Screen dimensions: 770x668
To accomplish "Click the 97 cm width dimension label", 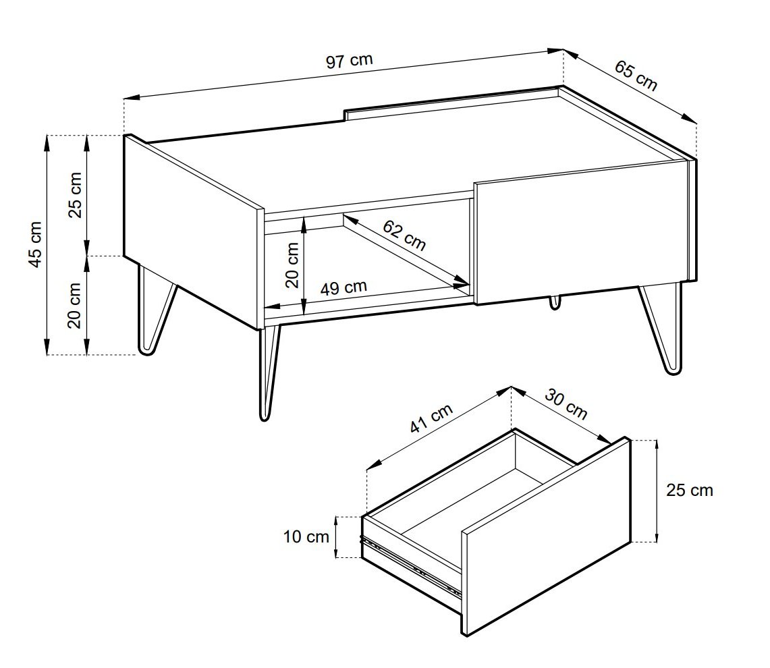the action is coord(349,61).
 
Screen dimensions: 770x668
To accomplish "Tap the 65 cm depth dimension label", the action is coord(636,76).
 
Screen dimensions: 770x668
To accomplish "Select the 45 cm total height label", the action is coord(36,245).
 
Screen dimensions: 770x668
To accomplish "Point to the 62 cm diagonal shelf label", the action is coord(404,235).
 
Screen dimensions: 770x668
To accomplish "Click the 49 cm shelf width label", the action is coord(343,287).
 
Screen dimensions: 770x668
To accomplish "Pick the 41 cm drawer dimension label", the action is coord(431,418).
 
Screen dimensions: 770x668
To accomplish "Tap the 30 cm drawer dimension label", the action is coord(566,405).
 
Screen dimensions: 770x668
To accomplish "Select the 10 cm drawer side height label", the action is coord(306,537).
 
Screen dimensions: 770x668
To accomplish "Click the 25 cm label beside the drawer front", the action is coord(690,490).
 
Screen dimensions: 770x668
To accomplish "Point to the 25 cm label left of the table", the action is coord(75,195).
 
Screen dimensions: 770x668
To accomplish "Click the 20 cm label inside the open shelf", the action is coord(292,265).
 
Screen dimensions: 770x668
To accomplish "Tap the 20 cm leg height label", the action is coord(75,306).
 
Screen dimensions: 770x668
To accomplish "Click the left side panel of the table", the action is coord(192,230).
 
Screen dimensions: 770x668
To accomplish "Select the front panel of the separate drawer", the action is coord(545,536).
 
